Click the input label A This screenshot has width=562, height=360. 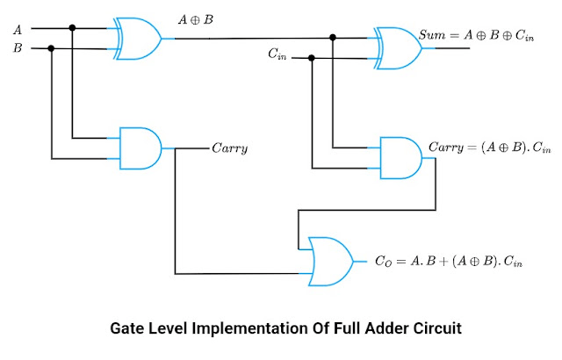pyautogui.click(x=18, y=30)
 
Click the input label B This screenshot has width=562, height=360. pyautogui.click(x=18, y=48)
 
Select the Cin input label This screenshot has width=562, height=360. pyautogui.click(x=277, y=55)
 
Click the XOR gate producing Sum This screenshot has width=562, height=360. pyautogui.click(x=397, y=47)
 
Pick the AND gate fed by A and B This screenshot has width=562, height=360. pyautogui.click(x=139, y=148)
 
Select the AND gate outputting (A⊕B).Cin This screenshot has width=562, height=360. pyautogui.click(x=398, y=156)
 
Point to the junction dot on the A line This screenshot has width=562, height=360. pyautogui.click(x=73, y=28)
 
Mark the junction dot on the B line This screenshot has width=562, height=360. pyautogui.click(x=52, y=48)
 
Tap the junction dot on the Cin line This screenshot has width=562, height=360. pyautogui.click(x=313, y=58)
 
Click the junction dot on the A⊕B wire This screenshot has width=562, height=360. pyautogui.click(x=334, y=38)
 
